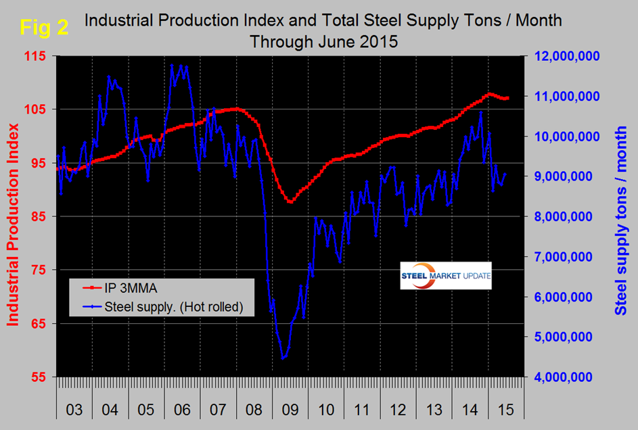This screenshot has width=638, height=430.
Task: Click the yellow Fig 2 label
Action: [44, 28]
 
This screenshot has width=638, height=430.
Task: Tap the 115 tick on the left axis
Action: [37, 56]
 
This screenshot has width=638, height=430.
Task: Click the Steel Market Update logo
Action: [446, 275]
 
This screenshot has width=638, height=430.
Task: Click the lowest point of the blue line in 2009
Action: [283, 358]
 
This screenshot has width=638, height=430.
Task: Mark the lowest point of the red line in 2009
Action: [290, 202]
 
